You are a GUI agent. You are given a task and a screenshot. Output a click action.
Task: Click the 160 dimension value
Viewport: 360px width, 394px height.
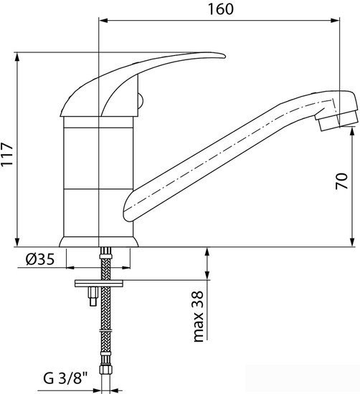[221, 9]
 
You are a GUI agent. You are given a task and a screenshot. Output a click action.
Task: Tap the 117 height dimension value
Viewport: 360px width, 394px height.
[6, 154]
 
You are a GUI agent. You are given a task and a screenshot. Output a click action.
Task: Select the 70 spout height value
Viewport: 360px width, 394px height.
[341, 181]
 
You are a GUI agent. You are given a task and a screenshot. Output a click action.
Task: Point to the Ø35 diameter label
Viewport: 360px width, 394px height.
[40, 259]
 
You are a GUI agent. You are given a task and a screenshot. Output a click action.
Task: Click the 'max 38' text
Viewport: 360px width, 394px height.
[198, 316]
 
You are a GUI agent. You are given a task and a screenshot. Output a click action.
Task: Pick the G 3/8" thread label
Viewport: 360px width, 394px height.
[65, 378]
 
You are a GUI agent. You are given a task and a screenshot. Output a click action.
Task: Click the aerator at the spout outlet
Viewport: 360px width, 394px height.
[336, 120]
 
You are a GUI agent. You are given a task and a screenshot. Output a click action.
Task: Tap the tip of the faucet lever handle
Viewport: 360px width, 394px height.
[224, 57]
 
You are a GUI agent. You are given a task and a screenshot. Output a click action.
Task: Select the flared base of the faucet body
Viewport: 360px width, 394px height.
[99, 241]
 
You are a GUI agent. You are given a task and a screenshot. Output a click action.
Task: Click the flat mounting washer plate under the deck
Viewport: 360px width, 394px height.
[99, 284]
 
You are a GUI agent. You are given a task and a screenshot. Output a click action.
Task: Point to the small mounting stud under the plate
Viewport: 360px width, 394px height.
[93, 297]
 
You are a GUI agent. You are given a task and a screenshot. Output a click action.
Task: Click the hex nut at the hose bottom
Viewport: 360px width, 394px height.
[105, 370]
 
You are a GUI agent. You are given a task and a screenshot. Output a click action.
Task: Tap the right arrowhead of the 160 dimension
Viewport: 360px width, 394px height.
[336, 21]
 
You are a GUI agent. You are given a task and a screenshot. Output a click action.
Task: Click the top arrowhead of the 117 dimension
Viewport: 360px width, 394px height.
[17, 57]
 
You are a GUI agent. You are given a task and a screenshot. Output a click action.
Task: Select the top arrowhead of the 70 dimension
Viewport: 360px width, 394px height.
[352, 131]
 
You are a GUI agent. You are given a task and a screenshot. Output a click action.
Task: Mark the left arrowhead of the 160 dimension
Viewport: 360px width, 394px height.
[103, 21]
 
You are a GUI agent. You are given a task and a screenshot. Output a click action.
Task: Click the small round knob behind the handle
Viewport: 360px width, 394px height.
[141, 102]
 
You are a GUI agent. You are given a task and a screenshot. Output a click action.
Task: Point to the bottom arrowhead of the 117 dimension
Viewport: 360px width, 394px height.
[17, 242]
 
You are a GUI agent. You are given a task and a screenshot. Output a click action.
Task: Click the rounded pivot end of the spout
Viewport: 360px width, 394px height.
[128, 208]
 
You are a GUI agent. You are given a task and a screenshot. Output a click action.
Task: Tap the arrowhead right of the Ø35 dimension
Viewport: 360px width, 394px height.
[126, 268]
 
